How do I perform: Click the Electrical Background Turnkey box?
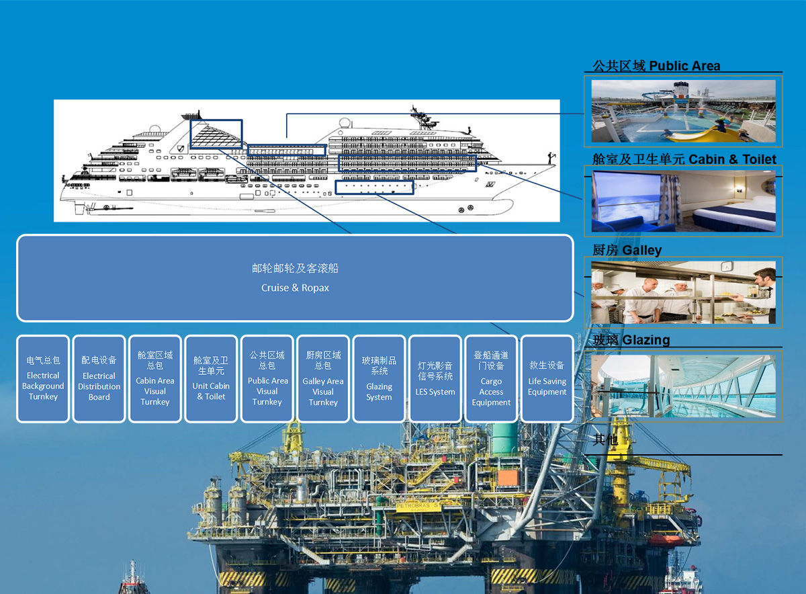(43, 379)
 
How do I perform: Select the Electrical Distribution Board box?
(99, 379)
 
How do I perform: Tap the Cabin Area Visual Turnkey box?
(155, 379)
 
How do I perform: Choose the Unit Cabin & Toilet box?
(211, 379)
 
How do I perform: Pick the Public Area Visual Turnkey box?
(267, 379)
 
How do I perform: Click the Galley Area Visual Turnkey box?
(323, 379)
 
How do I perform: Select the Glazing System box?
(379, 379)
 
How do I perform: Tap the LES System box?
(435, 379)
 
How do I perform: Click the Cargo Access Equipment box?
(491, 379)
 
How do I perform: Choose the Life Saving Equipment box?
(547, 379)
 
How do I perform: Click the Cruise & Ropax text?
(295, 288)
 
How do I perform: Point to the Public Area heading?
(656, 66)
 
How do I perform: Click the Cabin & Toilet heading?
(684, 159)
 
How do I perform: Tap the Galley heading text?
(627, 250)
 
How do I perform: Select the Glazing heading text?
(631, 339)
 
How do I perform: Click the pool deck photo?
(683, 111)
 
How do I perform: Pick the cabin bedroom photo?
(683, 201)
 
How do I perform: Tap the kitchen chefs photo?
(683, 292)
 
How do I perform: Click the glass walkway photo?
(683, 386)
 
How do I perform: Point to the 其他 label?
(606, 439)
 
